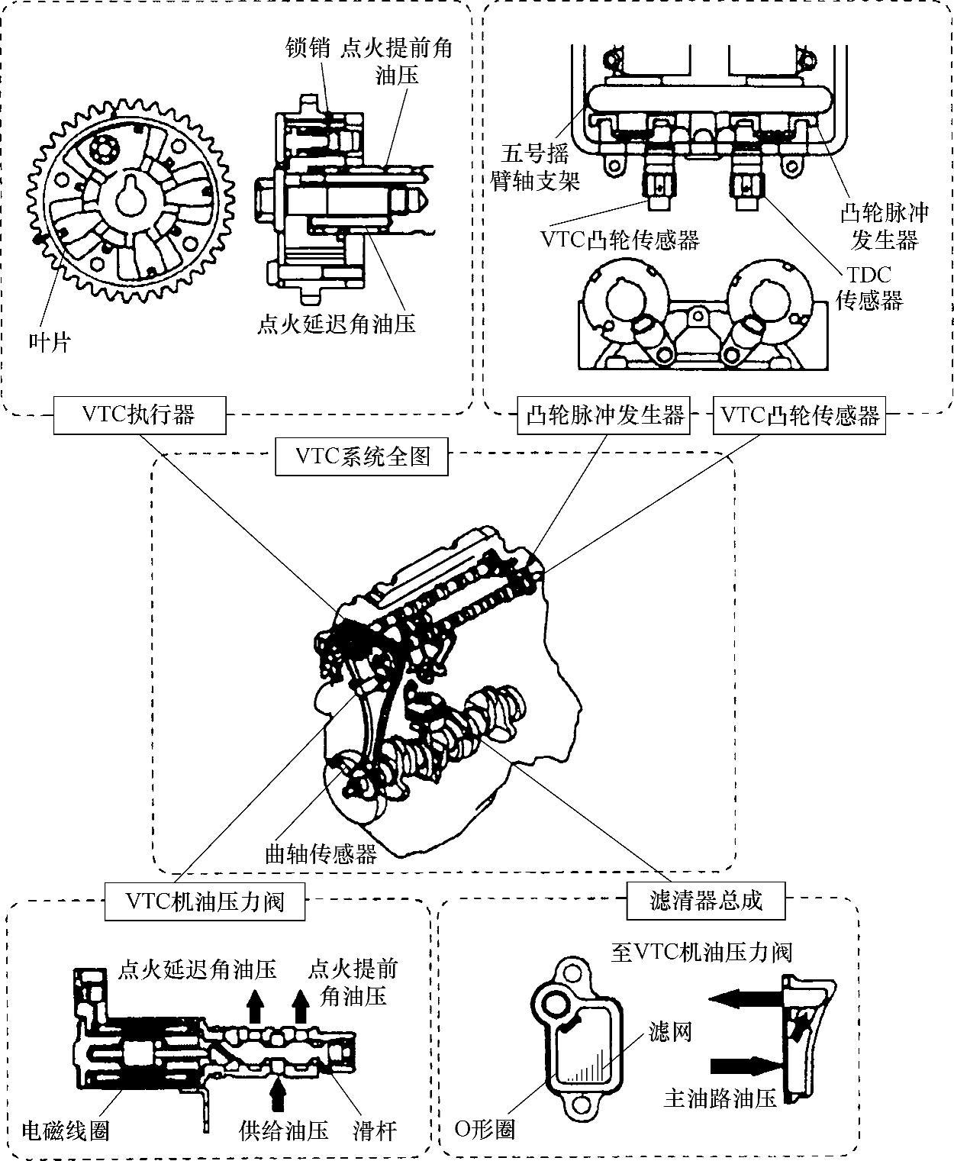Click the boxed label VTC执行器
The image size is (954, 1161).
[140, 414]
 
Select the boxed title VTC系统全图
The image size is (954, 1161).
[362, 456]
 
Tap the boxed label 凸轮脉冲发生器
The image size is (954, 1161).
[604, 414]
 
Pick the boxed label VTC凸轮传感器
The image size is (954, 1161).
[799, 414]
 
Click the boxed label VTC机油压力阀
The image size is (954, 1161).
[205, 901]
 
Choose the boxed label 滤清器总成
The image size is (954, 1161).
[706, 901]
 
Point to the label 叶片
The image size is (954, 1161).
[50, 343]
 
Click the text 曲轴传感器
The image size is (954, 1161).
[321, 854]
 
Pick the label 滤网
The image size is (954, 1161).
[670, 1031]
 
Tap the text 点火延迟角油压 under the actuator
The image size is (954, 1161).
[336, 324]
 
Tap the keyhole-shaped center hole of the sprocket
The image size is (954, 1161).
[132, 199]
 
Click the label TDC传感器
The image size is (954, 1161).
[869, 287]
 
